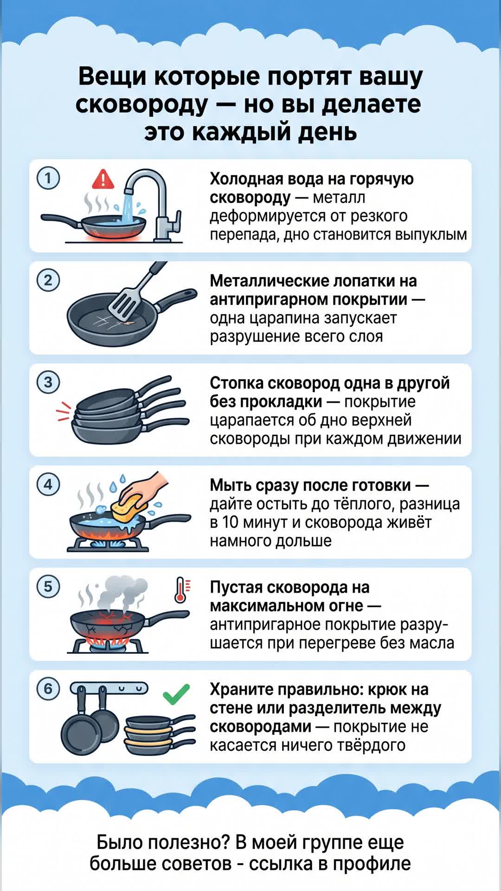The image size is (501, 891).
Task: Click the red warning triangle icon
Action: (x=103, y=180)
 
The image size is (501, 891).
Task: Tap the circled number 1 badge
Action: (x=48, y=178)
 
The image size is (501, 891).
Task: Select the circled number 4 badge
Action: (x=48, y=484)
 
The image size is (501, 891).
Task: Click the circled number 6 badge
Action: (x=48, y=689)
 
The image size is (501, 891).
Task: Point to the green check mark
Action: (x=176, y=694)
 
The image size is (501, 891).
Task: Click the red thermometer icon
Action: (x=180, y=590)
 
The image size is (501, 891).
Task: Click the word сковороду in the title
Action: (x=142, y=104)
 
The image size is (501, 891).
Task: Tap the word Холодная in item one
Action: (x=248, y=179)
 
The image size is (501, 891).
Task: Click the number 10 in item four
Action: (x=230, y=523)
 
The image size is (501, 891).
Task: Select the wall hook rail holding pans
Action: (x=109, y=688)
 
